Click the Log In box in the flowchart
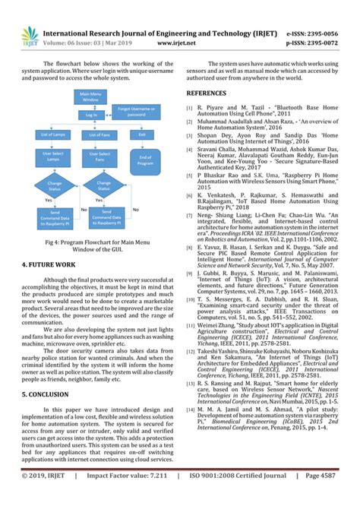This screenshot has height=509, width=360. pos(90,115)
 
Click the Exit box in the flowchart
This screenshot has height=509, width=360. pos(141,135)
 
